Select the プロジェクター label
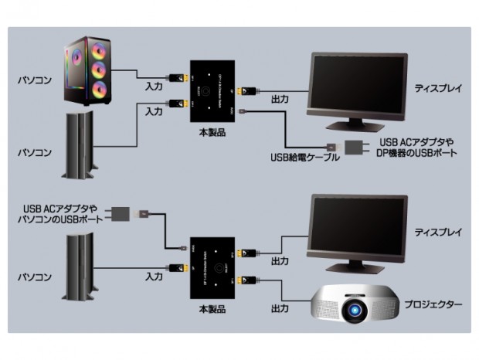tap(433, 304)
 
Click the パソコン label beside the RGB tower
tap(35, 80)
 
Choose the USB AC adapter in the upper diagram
tap(354, 147)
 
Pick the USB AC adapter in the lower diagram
tap(122, 213)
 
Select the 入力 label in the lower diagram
tap(153, 275)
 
